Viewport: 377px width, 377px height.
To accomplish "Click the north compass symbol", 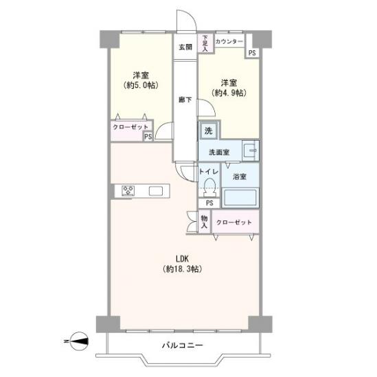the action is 79,341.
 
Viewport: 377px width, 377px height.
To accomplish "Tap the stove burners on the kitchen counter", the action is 128,191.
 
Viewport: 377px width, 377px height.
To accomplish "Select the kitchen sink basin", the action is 156,191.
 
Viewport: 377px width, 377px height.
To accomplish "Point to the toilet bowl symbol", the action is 209,187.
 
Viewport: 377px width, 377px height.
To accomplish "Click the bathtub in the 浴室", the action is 240,197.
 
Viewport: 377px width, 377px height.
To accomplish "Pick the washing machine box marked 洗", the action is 209,130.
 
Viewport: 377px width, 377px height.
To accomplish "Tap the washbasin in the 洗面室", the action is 251,151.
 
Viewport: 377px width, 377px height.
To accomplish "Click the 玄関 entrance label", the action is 185,47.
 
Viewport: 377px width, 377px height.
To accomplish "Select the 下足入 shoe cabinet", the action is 205,43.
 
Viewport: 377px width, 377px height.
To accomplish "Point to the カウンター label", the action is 229,42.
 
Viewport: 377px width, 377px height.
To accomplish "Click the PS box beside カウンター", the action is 252,53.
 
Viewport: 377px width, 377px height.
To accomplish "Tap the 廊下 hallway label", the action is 185,100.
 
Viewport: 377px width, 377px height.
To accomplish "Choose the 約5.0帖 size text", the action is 141,85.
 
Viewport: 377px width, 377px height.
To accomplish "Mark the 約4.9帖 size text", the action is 229,93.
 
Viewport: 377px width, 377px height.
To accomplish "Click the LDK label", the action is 182,259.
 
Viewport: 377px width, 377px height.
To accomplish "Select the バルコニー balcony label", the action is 183,345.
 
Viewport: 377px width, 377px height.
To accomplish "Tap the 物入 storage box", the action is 205,222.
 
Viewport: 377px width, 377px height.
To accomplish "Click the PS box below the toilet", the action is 209,203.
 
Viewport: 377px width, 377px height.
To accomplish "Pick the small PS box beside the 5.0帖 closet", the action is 148,137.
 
